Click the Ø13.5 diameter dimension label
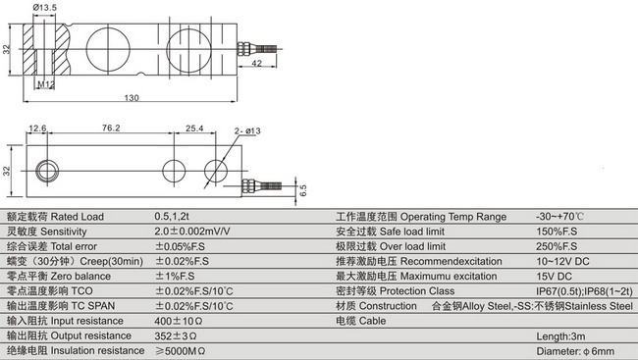(x=43, y=9)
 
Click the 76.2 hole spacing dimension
(x=111, y=128)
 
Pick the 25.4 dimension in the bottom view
(x=194, y=128)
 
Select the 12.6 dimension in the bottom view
(x=38, y=128)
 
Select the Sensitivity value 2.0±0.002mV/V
(x=192, y=231)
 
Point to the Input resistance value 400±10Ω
(x=178, y=321)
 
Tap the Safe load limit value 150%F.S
(x=558, y=231)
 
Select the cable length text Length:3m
(x=562, y=336)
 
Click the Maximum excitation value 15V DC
(x=556, y=276)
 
